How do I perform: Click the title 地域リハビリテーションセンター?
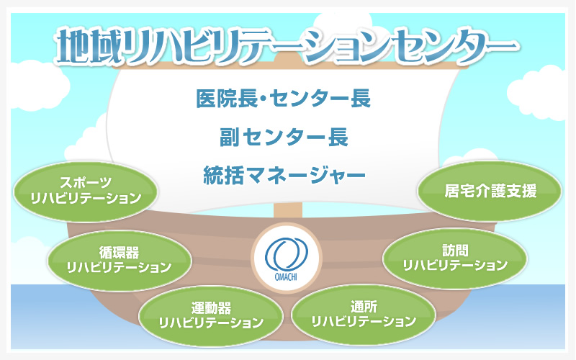(287, 46)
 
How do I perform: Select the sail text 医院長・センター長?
(283, 99)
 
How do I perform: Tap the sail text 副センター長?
(284, 137)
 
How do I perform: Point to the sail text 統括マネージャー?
(284, 175)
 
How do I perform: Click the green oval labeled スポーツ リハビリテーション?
(86, 192)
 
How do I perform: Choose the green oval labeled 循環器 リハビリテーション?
(119, 261)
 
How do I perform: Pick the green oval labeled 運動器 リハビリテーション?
(211, 316)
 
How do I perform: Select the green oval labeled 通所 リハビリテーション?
(364, 315)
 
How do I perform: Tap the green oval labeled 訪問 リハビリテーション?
(455, 258)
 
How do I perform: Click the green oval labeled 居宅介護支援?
(490, 191)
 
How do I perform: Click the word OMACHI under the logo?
(286, 276)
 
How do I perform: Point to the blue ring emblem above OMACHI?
(286, 254)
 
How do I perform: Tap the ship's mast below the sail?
(287, 211)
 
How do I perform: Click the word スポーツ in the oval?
(86, 183)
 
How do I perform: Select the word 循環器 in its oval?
(119, 253)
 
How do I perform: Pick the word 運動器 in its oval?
(211, 308)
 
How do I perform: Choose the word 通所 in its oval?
(364, 307)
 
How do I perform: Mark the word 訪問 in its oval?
(456, 251)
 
